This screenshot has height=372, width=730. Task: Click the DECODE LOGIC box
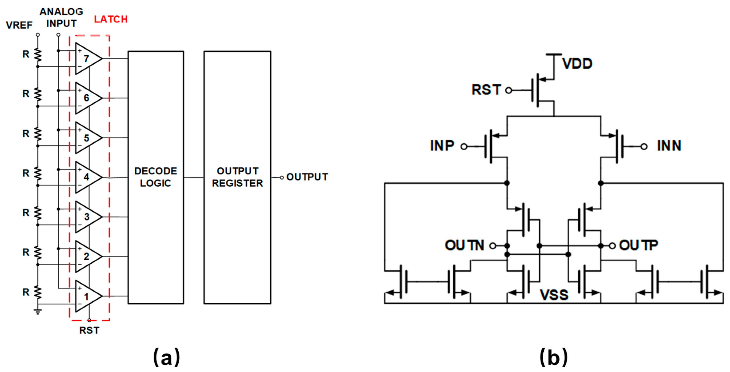click(x=156, y=177)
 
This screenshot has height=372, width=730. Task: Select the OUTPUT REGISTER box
click(x=237, y=177)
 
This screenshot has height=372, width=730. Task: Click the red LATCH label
click(x=111, y=19)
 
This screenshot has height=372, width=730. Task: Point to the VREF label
click(x=19, y=25)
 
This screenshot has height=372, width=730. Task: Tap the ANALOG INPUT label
click(x=62, y=18)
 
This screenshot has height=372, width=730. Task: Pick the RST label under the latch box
click(x=89, y=330)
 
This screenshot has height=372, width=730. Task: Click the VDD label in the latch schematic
click(x=577, y=64)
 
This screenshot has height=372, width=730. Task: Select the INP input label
click(x=442, y=146)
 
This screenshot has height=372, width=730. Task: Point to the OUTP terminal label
click(x=638, y=245)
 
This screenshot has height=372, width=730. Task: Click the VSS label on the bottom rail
click(x=554, y=295)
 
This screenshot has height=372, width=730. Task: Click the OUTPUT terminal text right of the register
click(x=307, y=177)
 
